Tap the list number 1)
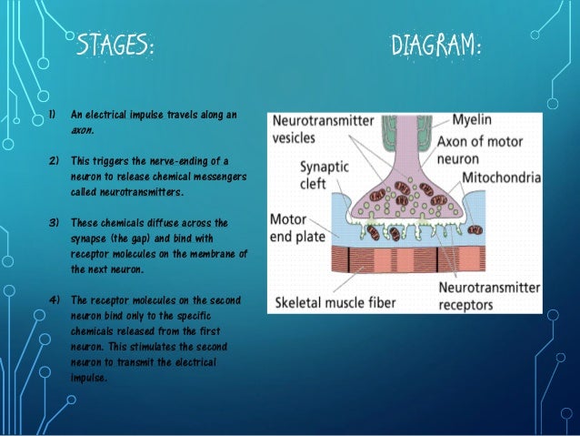coord(53,115)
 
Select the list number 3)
coord(53,222)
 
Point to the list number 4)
coord(53,299)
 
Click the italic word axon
coord(83,130)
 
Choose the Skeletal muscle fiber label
coord(337,300)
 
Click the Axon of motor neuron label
coord(484,148)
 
